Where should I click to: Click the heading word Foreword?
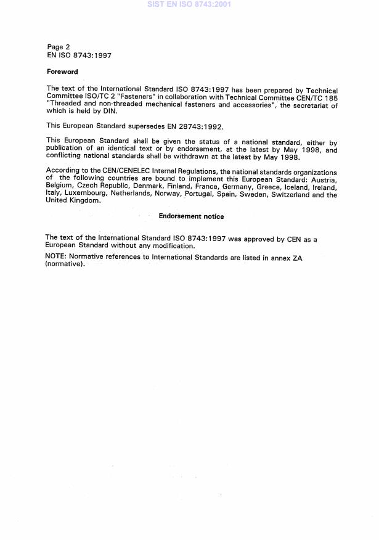click(62, 72)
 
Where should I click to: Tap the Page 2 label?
click(59, 47)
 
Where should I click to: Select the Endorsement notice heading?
click(191, 216)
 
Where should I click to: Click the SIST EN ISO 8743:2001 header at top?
click(189, 4)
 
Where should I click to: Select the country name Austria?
click(324, 180)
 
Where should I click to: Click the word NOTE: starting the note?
click(56, 257)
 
